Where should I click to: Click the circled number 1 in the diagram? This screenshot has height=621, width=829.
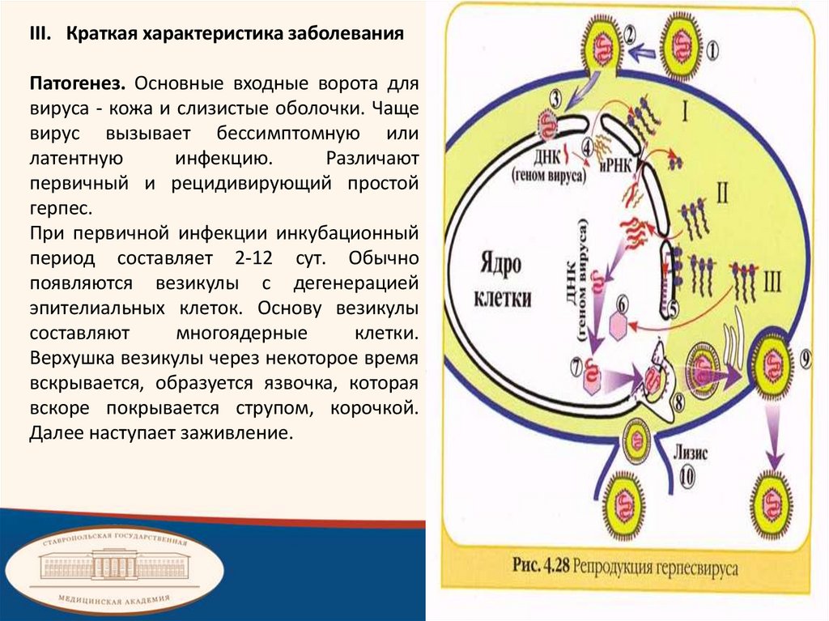(x=712, y=49)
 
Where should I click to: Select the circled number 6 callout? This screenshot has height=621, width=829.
(x=622, y=303)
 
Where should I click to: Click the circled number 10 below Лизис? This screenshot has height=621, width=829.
(x=685, y=477)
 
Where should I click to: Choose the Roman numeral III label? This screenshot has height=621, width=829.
(x=772, y=281)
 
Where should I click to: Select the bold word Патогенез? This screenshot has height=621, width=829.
(x=78, y=84)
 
